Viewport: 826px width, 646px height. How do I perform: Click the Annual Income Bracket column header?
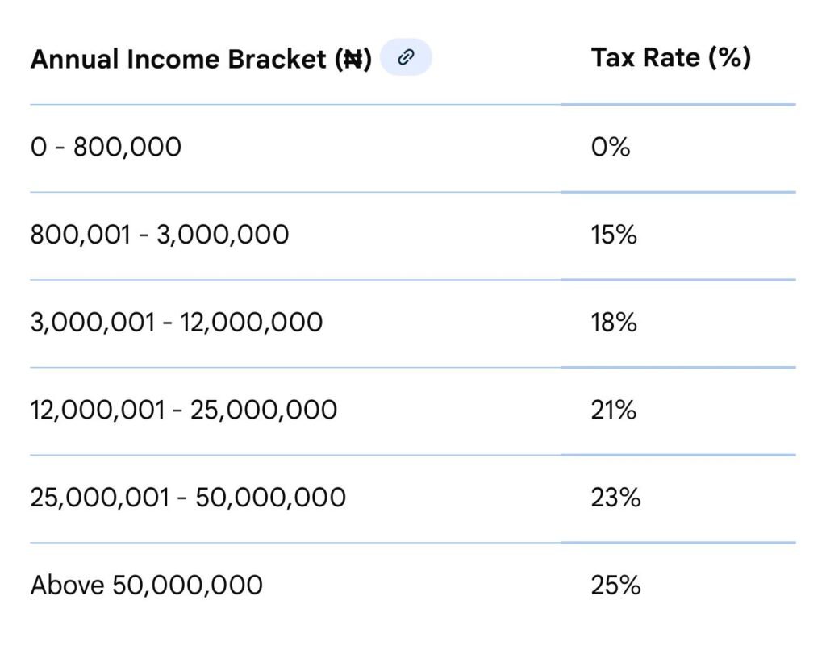(200, 59)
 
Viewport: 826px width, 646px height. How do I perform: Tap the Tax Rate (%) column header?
(670, 57)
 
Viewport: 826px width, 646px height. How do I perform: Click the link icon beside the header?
(406, 57)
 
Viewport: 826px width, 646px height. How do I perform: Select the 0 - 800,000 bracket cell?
(106, 147)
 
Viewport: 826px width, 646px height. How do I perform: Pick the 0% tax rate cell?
(610, 147)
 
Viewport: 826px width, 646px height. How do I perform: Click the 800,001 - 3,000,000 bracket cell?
(159, 235)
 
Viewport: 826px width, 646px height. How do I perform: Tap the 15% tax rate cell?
(614, 235)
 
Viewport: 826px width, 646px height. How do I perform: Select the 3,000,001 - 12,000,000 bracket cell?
(176, 323)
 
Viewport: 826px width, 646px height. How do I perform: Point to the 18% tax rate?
(614, 323)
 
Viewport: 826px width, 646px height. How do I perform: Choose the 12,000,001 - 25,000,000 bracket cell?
(183, 411)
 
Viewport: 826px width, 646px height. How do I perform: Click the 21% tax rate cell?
(613, 411)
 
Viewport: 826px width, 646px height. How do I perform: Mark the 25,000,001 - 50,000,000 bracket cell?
(187, 498)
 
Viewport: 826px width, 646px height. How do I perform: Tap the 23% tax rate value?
(615, 498)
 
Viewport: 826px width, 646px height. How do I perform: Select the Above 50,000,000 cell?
(146, 585)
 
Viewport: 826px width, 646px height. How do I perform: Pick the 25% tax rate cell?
(615, 585)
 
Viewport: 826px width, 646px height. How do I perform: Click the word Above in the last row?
(67, 585)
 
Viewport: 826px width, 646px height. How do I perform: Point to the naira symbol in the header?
(353, 60)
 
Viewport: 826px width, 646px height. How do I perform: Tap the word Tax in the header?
(611, 57)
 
